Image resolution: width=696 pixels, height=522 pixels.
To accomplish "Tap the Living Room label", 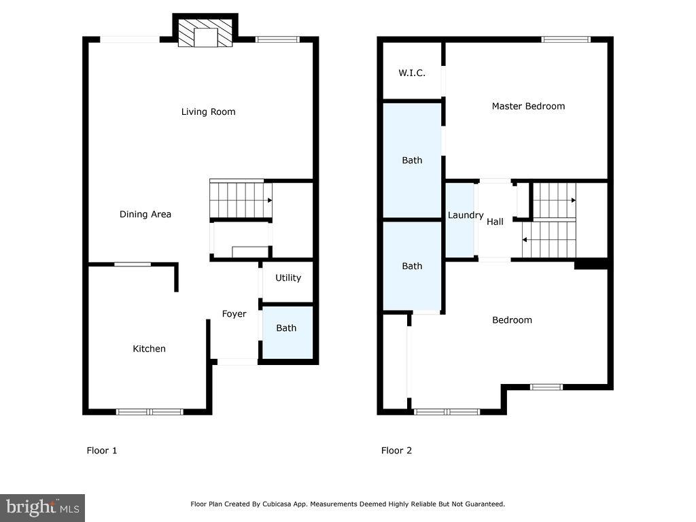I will [x=208, y=111].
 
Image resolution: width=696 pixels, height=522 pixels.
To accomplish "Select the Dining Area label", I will [x=145, y=214].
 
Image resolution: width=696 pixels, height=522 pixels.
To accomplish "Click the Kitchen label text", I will [x=149, y=349].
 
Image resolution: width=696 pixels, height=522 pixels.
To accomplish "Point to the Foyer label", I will [x=234, y=313].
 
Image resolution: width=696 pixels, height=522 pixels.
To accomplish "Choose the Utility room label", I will [x=288, y=278].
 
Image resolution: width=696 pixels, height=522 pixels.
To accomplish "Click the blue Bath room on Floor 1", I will [x=287, y=332].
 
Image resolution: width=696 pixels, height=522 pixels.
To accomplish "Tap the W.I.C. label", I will [x=412, y=73].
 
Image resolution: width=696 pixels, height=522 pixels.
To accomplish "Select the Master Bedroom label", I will [x=528, y=106].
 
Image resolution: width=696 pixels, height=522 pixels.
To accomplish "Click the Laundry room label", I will [x=465, y=215].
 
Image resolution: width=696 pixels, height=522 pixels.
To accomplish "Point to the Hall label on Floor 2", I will [x=495, y=222].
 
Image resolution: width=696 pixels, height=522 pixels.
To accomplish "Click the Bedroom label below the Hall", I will [x=512, y=320].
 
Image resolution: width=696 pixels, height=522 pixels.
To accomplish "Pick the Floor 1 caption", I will [x=102, y=450].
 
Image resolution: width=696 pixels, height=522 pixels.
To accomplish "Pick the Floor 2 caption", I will [x=396, y=450].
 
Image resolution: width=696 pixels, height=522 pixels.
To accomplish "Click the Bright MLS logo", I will [x=42, y=507].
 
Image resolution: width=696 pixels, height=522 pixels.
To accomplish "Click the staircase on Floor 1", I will [x=240, y=200].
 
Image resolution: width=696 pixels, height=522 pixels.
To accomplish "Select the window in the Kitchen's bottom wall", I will [x=150, y=411].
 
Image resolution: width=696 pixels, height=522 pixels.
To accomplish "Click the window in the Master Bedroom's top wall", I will [x=565, y=39].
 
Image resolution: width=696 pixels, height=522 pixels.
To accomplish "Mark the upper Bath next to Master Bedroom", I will [x=412, y=160].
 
